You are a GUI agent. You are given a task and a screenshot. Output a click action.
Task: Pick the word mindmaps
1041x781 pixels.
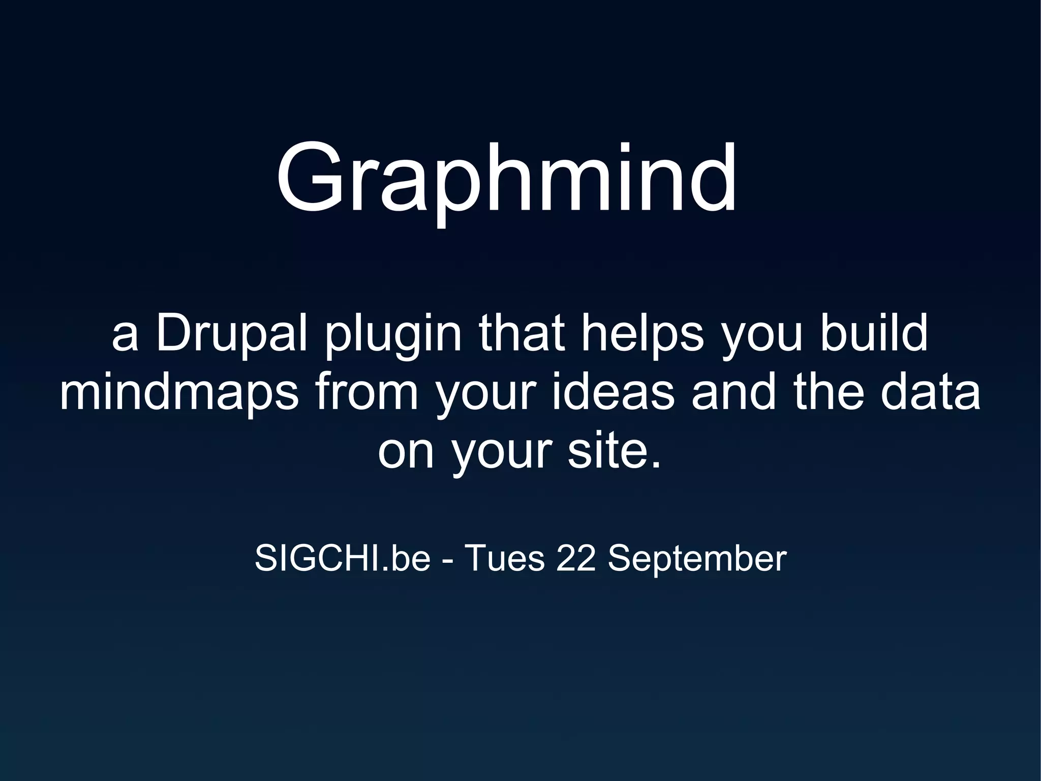click(179, 394)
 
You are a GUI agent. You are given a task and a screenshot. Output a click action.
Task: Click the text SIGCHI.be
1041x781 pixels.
click(342, 559)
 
